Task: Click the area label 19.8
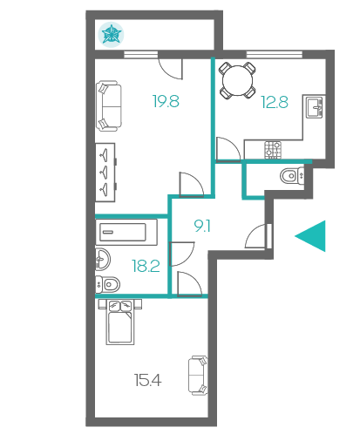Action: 166,101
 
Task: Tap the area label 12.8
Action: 275,102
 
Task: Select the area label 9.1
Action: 202,226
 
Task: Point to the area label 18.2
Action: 146,266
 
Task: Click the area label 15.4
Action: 147,380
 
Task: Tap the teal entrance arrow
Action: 310,236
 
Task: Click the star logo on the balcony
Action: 111,34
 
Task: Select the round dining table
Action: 237,80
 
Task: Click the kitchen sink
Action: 315,107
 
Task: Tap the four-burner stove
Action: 273,150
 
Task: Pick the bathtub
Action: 126,232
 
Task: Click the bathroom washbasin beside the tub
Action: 103,259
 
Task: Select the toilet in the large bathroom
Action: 108,284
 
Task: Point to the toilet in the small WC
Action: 292,175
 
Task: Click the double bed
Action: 120,322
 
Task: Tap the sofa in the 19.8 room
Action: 109,106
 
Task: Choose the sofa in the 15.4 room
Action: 198,376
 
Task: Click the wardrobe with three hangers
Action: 105,173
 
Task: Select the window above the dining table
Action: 275,54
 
